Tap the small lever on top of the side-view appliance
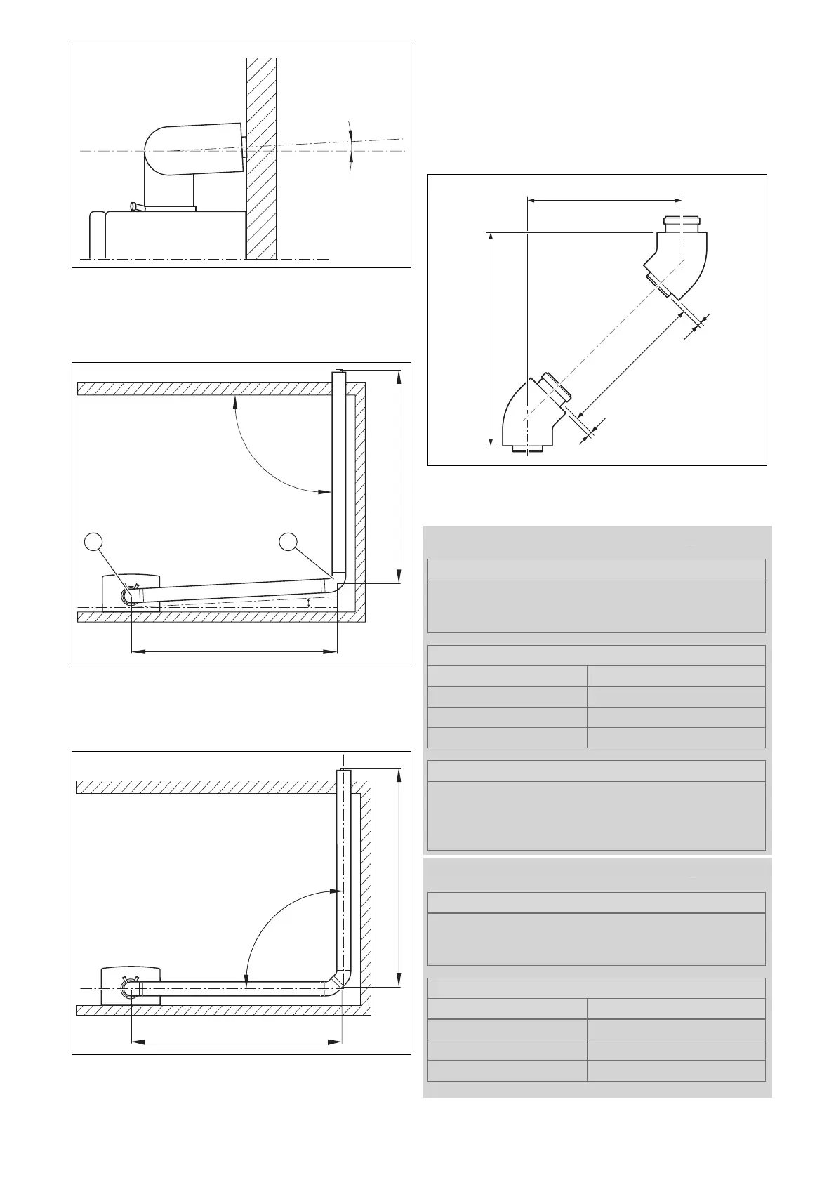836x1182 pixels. point(136,206)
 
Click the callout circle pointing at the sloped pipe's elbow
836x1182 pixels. point(287,542)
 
